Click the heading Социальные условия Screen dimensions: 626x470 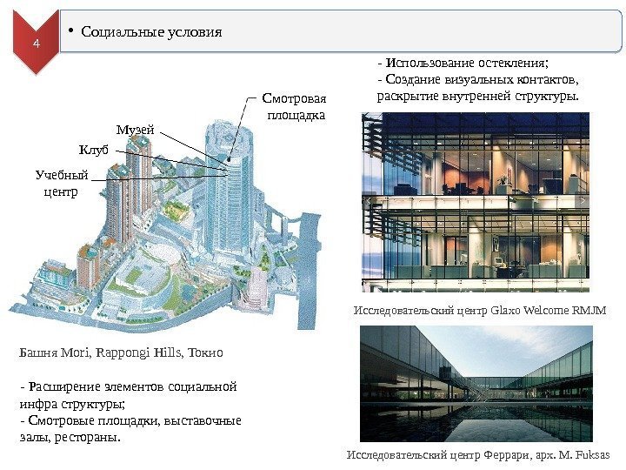tap(151, 32)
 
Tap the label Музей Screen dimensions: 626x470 tap(135, 130)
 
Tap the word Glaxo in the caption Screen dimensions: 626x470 tap(510, 310)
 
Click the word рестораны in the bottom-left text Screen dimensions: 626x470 tap(87, 437)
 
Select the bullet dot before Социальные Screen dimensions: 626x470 tap(71, 33)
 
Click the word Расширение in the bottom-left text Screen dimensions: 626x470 tap(61, 387)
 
